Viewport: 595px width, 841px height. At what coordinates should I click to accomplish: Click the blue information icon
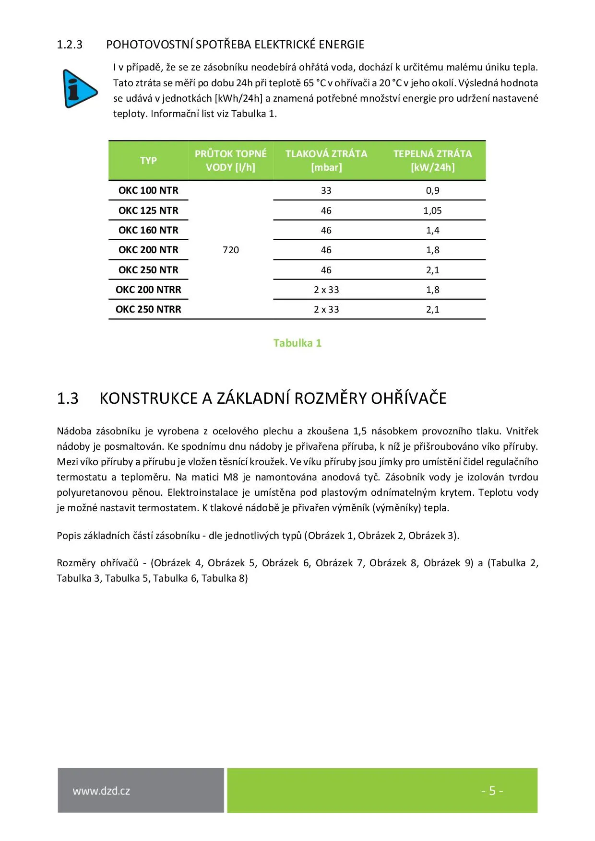tap(80, 89)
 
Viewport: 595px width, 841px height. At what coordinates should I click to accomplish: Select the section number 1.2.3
tap(70, 45)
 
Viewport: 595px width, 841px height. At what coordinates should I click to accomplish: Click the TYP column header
tap(148, 161)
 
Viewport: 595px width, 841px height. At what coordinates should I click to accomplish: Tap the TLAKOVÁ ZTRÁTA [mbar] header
tap(326, 161)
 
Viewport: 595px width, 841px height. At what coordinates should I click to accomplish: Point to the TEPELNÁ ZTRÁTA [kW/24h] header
tap(432, 161)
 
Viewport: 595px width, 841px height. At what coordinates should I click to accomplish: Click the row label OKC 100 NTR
tap(148, 190)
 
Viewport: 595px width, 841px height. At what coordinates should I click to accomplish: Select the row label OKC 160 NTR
tap(148, 230)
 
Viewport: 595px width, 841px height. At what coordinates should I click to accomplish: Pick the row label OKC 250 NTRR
tap(148, 309)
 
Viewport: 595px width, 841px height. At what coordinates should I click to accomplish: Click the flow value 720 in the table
tap(231, 250)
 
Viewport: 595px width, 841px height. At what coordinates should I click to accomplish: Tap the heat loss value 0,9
tap(432, 190)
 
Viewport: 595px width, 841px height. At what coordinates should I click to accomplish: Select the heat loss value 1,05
tap(432, 210)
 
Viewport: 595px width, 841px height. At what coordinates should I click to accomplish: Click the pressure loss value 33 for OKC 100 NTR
tap(326, 190)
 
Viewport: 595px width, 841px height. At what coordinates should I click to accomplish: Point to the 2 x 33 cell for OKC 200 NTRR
tap(326, 290)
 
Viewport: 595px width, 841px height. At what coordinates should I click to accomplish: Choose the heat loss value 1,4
tap(432, 230)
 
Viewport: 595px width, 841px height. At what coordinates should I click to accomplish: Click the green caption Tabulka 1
tap(297, 343)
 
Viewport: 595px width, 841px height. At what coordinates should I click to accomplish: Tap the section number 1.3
tap(68, 398)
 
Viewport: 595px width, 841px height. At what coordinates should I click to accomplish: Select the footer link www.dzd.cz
tap(101, 791)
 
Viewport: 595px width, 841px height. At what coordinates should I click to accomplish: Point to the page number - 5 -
tap(492, 791)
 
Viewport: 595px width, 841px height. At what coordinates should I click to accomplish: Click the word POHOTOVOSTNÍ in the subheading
tap(149, 45)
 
